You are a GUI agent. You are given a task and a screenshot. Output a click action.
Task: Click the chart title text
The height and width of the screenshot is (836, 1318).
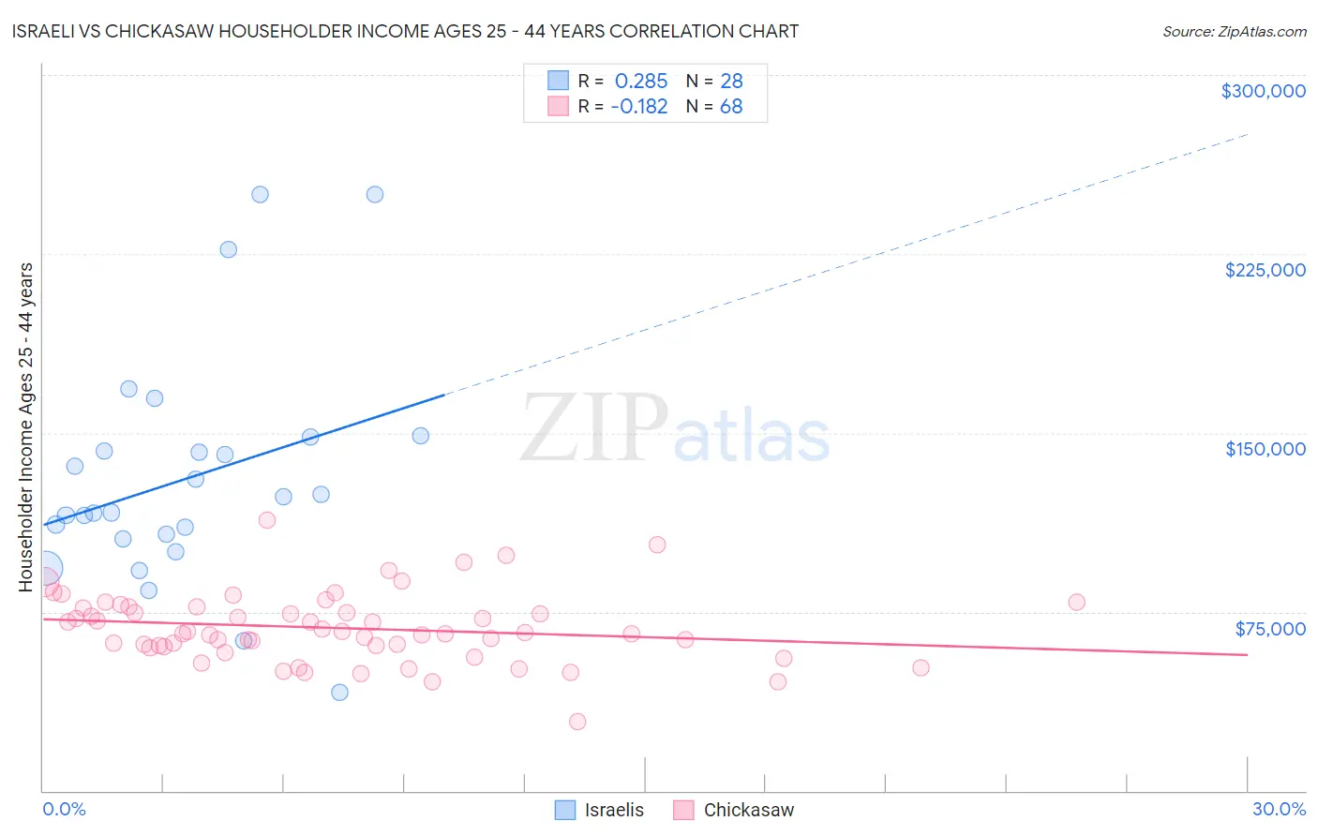tap(405, 31)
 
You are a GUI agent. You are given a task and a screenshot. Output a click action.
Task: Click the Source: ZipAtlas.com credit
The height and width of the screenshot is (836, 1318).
tap(1234, 31)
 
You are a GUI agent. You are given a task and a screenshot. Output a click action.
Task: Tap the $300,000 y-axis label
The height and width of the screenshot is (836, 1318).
tap(1263, 91)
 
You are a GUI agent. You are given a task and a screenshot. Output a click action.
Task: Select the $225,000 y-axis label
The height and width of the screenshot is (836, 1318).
tap(1265, 270)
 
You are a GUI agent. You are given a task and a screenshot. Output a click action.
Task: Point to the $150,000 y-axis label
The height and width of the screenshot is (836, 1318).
tap(1265, 449)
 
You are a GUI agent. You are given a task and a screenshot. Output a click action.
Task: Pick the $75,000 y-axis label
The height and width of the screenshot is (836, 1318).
tap(1269, 629)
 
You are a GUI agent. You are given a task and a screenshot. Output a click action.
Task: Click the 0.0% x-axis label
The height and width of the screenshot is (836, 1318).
tap(65, 809)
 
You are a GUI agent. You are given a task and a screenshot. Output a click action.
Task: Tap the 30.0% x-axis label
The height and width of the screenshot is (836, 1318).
tap(1279, 809)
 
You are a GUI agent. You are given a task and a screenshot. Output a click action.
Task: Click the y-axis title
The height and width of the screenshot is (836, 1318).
tap(25, 427)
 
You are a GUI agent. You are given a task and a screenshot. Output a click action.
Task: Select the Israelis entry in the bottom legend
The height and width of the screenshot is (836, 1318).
tap(613, 810)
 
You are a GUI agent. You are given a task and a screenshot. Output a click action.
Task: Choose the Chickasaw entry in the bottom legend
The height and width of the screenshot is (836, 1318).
tap(748, 810)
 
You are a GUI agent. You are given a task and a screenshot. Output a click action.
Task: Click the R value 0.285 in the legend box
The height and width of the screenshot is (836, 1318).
tap(641, 82)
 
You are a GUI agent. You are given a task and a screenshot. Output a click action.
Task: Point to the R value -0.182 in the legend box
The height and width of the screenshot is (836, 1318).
tap(638, 107)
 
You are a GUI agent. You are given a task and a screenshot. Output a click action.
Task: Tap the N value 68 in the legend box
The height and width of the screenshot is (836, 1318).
tap(731, 107)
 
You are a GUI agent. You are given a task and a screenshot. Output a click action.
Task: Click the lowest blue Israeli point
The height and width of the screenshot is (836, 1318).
tap(339, 693)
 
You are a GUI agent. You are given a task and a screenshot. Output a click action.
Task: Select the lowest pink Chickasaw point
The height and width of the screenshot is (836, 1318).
tap(577, 722)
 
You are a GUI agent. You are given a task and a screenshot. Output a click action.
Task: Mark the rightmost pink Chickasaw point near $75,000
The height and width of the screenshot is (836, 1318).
tap(1076, 603)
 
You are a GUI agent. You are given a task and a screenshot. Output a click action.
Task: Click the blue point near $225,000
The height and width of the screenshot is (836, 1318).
tap(228, 249)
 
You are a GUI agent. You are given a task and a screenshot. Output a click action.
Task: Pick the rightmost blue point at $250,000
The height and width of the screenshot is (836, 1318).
tap(375, 195)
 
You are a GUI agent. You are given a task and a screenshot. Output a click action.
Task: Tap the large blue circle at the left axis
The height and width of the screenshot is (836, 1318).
tap(45, 568)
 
